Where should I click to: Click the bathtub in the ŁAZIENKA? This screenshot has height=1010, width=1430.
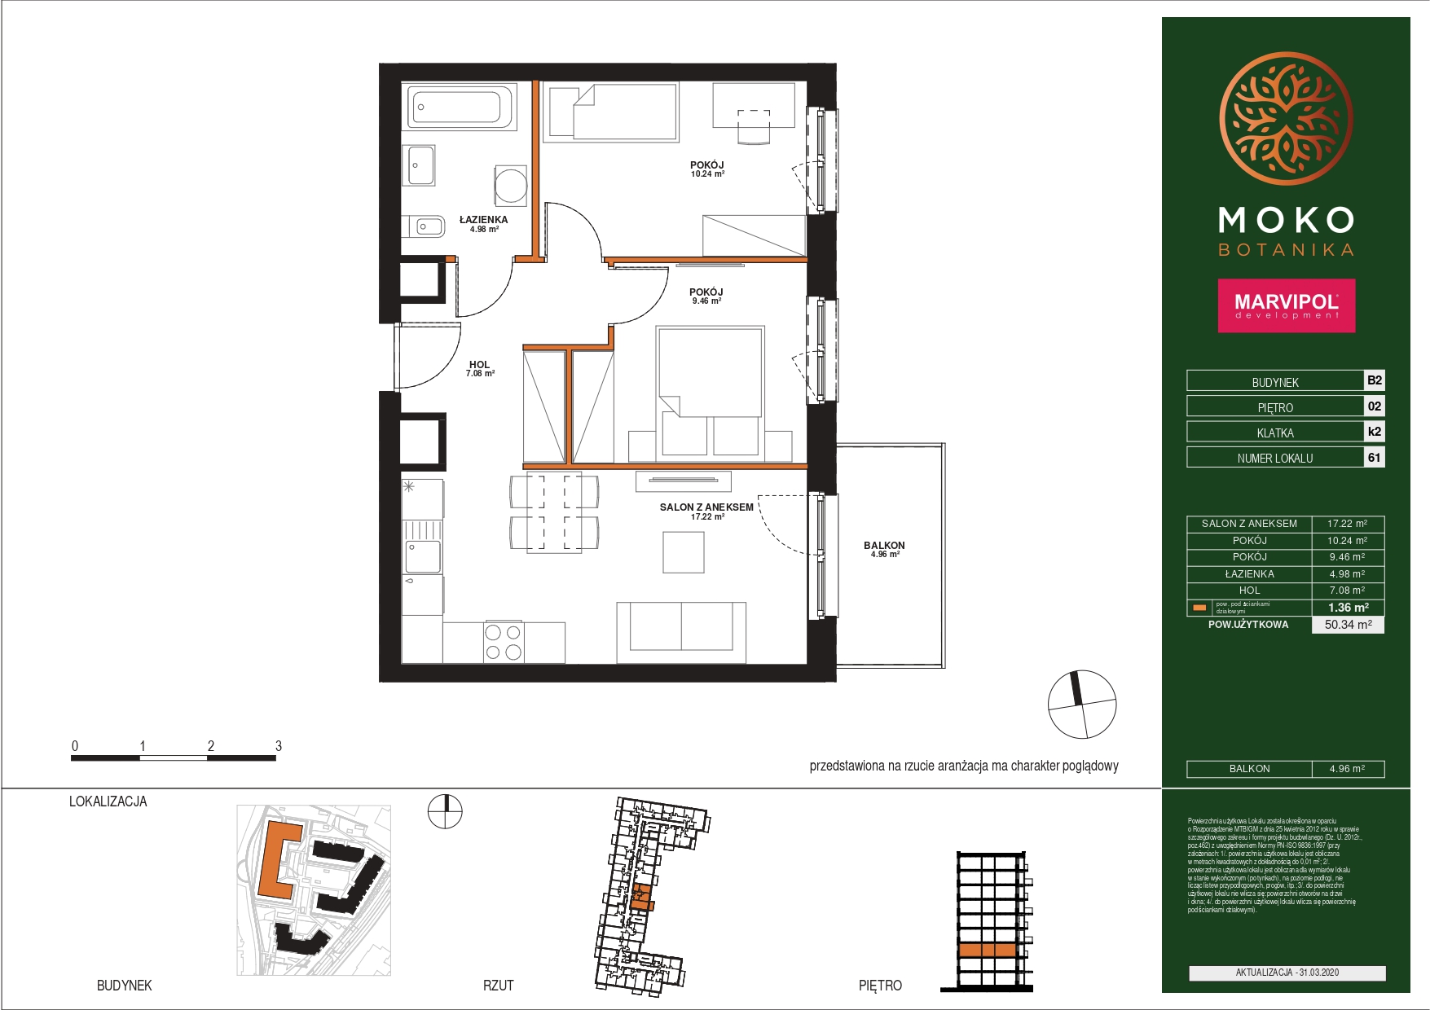(x=458, y=107)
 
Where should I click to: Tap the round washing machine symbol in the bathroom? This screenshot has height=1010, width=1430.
(x=511, y=185)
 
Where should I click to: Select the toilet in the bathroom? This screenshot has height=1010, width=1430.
(x=426, y=226)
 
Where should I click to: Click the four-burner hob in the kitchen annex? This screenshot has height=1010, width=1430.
(x=504, y=642)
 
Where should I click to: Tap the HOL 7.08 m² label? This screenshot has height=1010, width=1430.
(x=480, y=369)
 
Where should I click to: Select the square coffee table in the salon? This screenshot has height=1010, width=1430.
(x=683, y=552)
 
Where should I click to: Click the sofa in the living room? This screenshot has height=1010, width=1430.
(x=681, y=632)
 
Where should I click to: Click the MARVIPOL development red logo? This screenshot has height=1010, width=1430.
(x=1286, y=305)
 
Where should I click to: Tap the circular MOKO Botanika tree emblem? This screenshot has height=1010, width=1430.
(x=1286, y=119)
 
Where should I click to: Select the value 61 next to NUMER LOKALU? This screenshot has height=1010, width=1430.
(x=1374, y=458)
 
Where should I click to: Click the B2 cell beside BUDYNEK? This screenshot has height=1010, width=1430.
(x=1374, y=380)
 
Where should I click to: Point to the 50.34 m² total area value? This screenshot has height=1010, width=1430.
(x=1348, y=625)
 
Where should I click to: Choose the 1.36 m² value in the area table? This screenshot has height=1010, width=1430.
(x=1348, y=608)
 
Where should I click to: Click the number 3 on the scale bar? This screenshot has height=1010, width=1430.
(x=279, y=746)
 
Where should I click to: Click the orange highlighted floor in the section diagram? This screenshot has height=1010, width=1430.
(x=987, y=950)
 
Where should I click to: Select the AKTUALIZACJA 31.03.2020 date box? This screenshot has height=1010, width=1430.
(x=1287, y=973)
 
